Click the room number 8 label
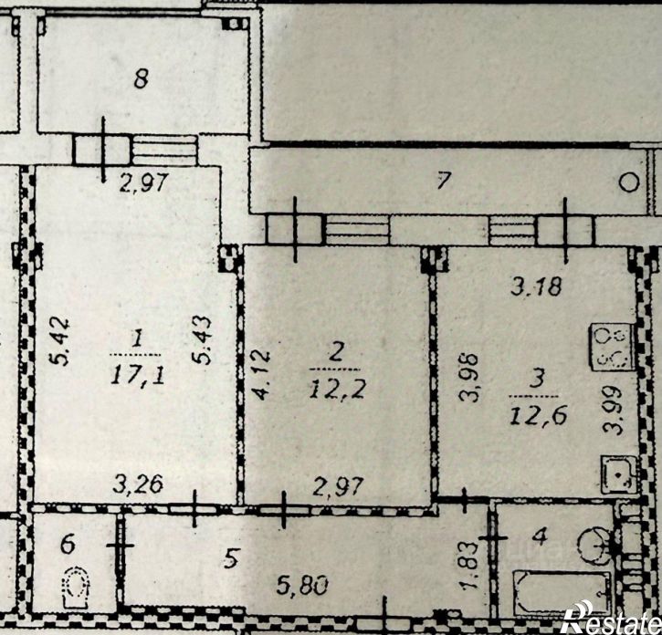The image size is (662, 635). pos(141,79)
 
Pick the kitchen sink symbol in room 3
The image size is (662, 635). pos(616,476)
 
